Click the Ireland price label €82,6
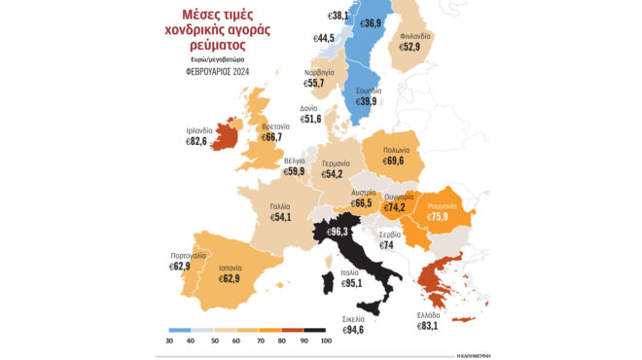coord(199,141)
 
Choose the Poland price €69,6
coord(393,160)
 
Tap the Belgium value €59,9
coord(294,171)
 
